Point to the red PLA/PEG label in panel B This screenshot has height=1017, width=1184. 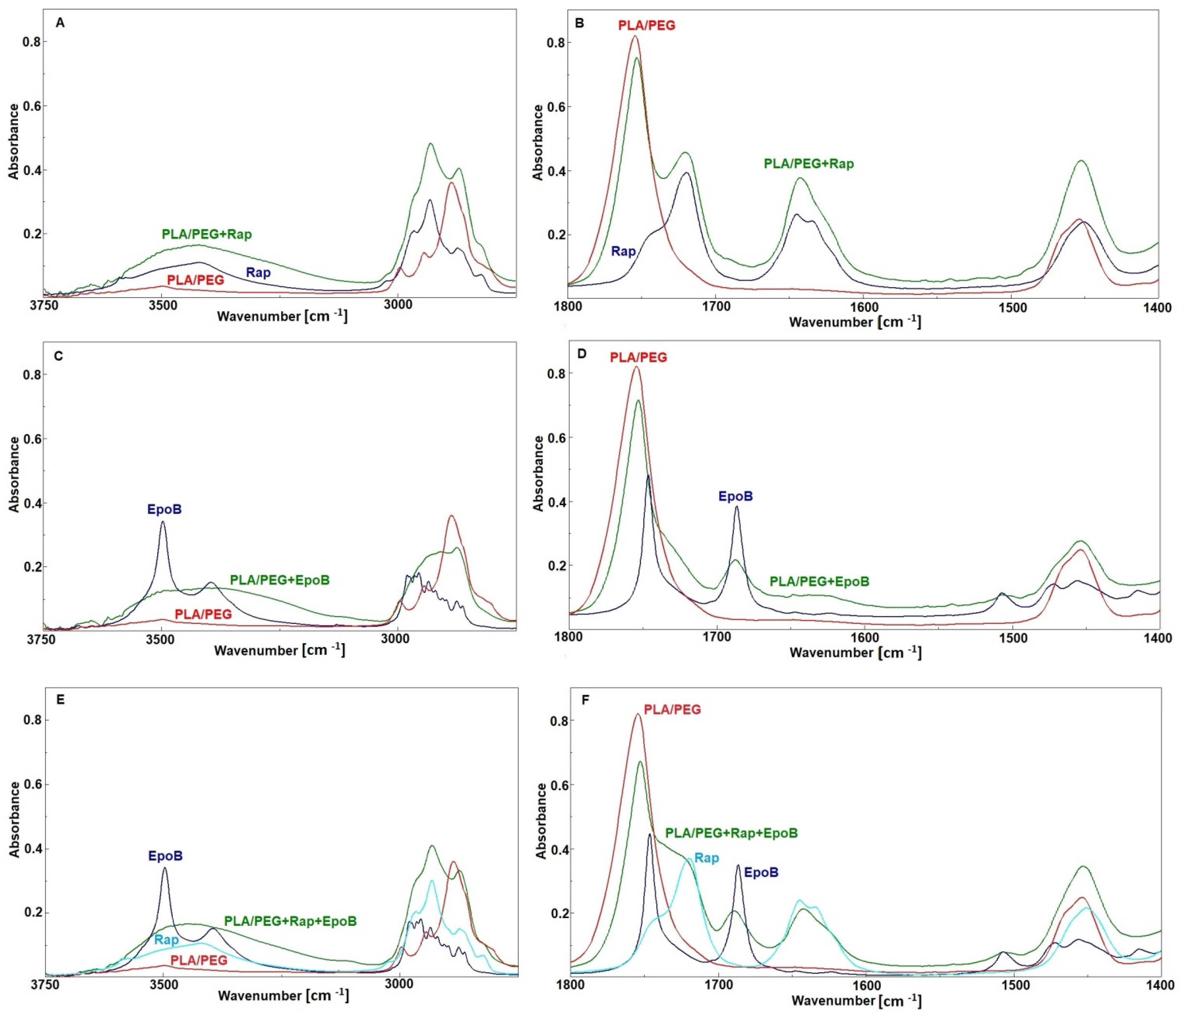pos(646,25)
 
